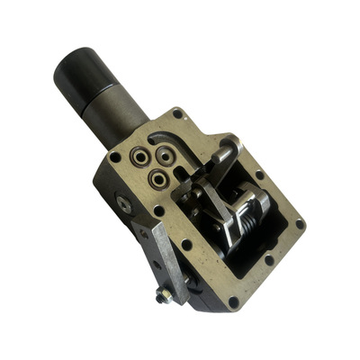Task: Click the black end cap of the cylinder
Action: tap(83, 70)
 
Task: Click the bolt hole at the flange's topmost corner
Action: tap(178, 115)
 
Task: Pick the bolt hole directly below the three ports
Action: tap(158, 211)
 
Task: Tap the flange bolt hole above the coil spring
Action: tap(259, 175)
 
